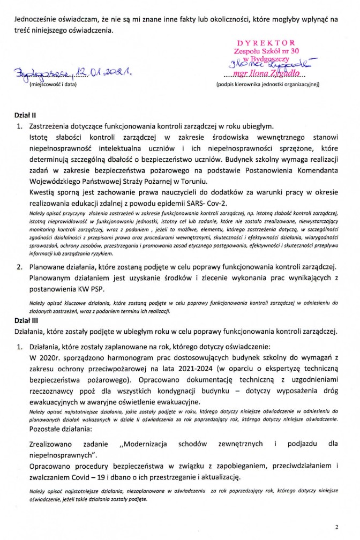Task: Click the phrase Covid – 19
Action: pos(101,476)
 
